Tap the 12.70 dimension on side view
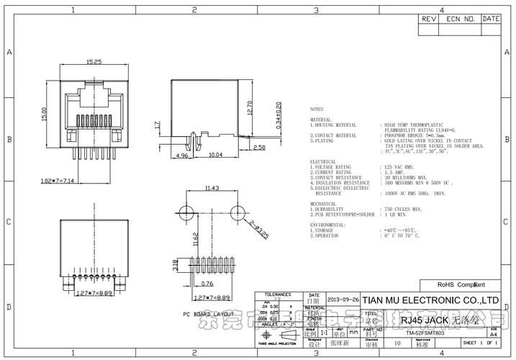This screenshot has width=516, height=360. pos(249,107)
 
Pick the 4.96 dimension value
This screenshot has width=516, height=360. pos(182,155)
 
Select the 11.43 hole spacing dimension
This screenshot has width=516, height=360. pos(212,189)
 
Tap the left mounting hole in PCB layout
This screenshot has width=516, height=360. pos(186,211)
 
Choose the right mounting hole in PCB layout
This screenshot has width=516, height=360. pos(236,211)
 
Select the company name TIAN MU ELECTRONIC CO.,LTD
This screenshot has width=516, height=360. pos(430,300)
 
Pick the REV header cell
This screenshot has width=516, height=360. pos(429,19)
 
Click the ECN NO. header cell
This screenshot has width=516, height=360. pos(460,19)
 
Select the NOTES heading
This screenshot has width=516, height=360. pos(317,110)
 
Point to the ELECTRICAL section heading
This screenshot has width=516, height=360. pos(324,162)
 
